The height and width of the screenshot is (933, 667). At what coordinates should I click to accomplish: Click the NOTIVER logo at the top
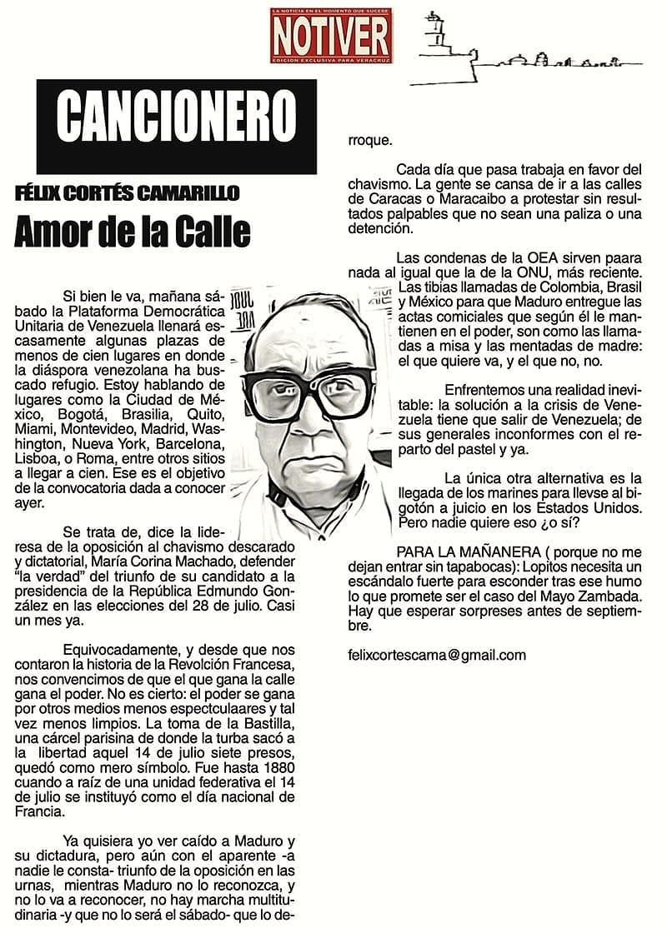click(331, 35)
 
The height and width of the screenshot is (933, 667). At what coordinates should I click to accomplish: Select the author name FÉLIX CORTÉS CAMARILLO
click(127, 194)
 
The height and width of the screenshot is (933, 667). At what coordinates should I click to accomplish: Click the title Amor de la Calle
click(132, 232)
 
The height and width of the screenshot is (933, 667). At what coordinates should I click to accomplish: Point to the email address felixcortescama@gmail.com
click(437, 655)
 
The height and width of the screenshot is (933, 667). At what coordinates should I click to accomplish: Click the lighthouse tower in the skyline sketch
click(433, 34)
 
